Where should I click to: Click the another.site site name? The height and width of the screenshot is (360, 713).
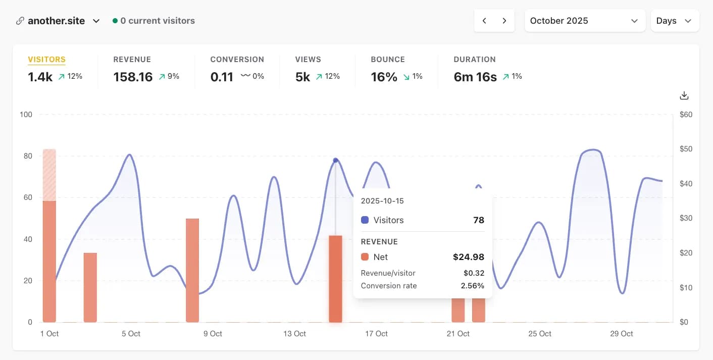click(x=56, y=21)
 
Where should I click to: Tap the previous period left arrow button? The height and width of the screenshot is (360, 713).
click(x=484, y=21)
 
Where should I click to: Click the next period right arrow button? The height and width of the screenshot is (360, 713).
click(x=504, y=21)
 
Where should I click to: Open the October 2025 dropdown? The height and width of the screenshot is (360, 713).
click(x=585, y=21)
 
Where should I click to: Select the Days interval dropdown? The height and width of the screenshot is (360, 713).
click(x=674, y=21)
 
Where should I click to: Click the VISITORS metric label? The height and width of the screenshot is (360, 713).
click(x=46, y=60)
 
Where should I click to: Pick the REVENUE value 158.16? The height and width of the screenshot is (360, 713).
click(x=133, y=77)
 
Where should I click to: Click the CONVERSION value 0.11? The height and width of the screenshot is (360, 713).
click(x=222, y=77)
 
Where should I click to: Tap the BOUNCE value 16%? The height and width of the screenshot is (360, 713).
click(x=384, y=77)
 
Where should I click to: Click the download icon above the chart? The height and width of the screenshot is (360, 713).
click(x=684, y=95)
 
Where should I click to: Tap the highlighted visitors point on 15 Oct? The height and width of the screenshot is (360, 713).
click(x=336, y=161)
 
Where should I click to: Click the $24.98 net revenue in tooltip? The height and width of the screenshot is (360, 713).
click(x=468, y=257)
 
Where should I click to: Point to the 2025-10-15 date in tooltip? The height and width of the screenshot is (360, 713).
click(x=382, y=201)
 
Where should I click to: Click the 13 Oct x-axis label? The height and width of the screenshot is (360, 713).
click(x=294, y=334)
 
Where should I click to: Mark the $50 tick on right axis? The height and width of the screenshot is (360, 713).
click(x=686, y=149)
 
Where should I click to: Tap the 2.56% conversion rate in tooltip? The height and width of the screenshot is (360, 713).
click(x=472, y=286)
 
